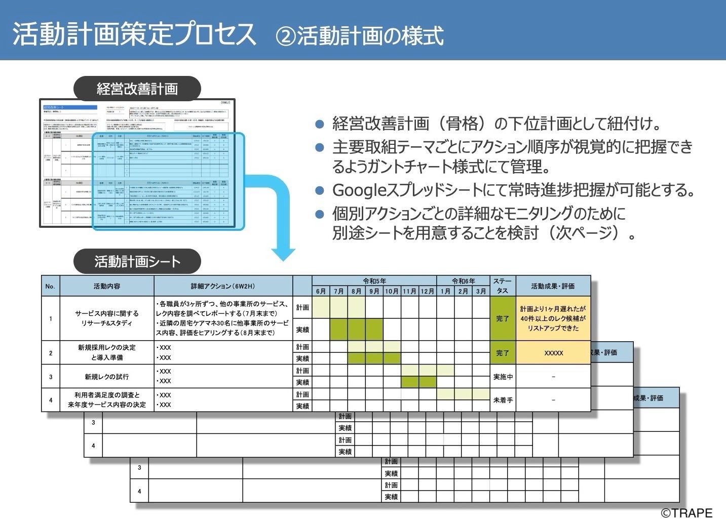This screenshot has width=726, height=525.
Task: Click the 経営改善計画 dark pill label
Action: tap(137, 89)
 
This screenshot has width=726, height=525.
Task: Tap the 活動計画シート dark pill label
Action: tap(137, 262)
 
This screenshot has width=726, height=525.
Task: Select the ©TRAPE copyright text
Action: tap(686, 513)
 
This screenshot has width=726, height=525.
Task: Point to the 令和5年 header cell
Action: tap(374, 281)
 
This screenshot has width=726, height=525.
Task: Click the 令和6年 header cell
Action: tap(463, 281)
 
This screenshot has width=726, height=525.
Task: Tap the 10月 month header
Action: tap(392, 291)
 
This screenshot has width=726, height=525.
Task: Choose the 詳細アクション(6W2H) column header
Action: tap(223, 286)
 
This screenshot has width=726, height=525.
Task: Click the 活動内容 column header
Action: tap(107, 286)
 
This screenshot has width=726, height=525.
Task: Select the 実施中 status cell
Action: tap(503, 377)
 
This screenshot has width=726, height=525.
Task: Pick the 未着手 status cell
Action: tap(503, 400)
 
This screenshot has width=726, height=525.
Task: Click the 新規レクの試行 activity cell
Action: tap(107, 377)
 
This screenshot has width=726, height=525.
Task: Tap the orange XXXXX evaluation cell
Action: tap(553, 353)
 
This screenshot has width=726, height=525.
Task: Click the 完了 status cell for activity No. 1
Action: tap(503, 318)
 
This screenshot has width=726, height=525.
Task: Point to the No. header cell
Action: tap(50, 286)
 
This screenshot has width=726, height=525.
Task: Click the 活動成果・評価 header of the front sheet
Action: tap(553, 286)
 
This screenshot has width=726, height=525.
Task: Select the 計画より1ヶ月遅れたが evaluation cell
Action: tap(553, 318)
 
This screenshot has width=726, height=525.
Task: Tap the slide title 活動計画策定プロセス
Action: tap(134, 34)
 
